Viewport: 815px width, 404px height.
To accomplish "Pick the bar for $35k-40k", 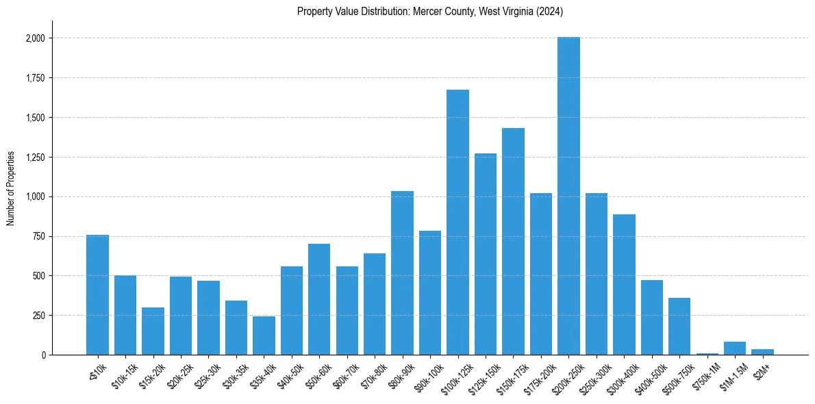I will (264, 336).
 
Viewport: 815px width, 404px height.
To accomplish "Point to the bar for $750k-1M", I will (707, 353).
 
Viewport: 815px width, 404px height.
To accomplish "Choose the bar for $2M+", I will (762, 352).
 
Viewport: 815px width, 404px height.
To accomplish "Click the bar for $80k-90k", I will (402, 273).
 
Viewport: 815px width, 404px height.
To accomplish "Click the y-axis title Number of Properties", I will (10, 188).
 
